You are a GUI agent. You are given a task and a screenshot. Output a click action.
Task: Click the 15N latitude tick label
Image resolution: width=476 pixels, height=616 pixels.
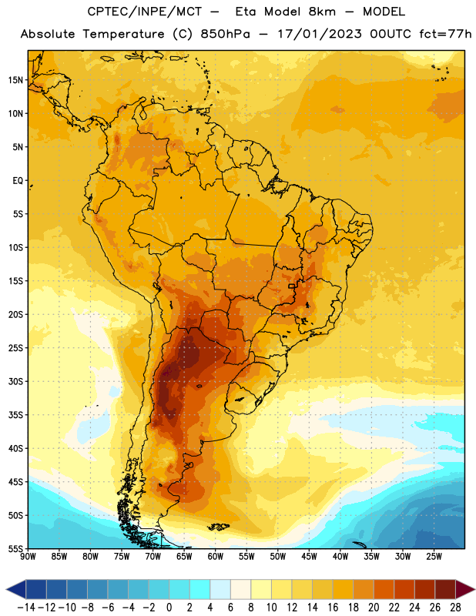click(x=15, y=80)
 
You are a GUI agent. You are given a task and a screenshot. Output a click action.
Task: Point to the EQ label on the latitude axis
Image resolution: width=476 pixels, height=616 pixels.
click(x=18, y=181)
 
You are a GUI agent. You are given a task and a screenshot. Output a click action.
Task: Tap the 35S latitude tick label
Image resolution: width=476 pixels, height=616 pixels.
click(x=15, y=415)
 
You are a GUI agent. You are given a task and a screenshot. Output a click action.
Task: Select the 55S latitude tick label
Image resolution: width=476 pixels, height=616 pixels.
click(x=15, y=549)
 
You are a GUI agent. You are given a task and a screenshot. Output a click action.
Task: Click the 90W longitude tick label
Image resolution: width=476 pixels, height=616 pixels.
click(x=28, y=557)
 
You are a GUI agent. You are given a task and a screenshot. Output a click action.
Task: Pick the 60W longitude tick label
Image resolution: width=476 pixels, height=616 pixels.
click(x=216, y=557)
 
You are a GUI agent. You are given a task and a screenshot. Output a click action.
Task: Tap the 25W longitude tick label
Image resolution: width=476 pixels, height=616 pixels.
click(x=434, y=557)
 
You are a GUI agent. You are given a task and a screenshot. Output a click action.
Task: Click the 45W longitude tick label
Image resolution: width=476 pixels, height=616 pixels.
click(x=309, y=557)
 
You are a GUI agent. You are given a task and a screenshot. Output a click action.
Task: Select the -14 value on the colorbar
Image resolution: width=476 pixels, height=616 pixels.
click(x=26, y=608)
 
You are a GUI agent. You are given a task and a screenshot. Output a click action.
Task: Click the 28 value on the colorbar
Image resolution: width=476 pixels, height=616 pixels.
click(x=455, y=608)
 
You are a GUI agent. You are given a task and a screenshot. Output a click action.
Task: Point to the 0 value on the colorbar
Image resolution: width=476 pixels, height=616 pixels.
click(x=169, y=608)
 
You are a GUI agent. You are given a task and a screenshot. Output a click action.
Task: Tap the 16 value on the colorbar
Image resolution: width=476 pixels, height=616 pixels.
click(x=333, y=608)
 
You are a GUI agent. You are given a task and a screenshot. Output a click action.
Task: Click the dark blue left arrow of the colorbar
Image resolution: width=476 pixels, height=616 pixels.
click(x=16, y=589)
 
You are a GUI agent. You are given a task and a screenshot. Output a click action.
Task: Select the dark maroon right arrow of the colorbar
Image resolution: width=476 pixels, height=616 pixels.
click(x=465, y=589)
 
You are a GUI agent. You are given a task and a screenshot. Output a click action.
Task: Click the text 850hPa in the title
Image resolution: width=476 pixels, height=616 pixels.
click(x=225, y=34)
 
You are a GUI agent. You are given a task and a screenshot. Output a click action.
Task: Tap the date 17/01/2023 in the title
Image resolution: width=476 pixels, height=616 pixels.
click(x=320, y=34)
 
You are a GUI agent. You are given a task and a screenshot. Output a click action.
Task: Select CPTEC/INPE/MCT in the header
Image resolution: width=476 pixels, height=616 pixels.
click(x=144, y=12)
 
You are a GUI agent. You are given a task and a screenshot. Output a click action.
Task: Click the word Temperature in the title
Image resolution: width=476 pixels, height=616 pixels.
click(x=123, y=35)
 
